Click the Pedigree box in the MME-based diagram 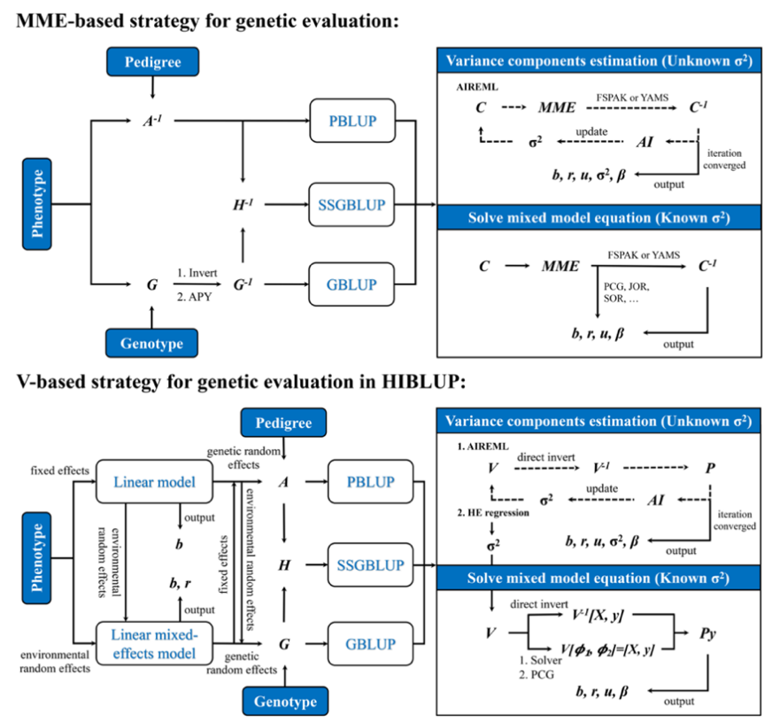pyautogui.click(x=152, y=62)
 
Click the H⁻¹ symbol pyautogui.click(x=241, y=205)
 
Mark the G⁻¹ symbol pyautogui.click(x=241, y=284)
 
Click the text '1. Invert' pyautogui.click(x=196, y=276)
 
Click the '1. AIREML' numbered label pyautogui.click(x=478, y=448)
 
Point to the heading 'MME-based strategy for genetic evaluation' pyautogui.click(x=208, y=21)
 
